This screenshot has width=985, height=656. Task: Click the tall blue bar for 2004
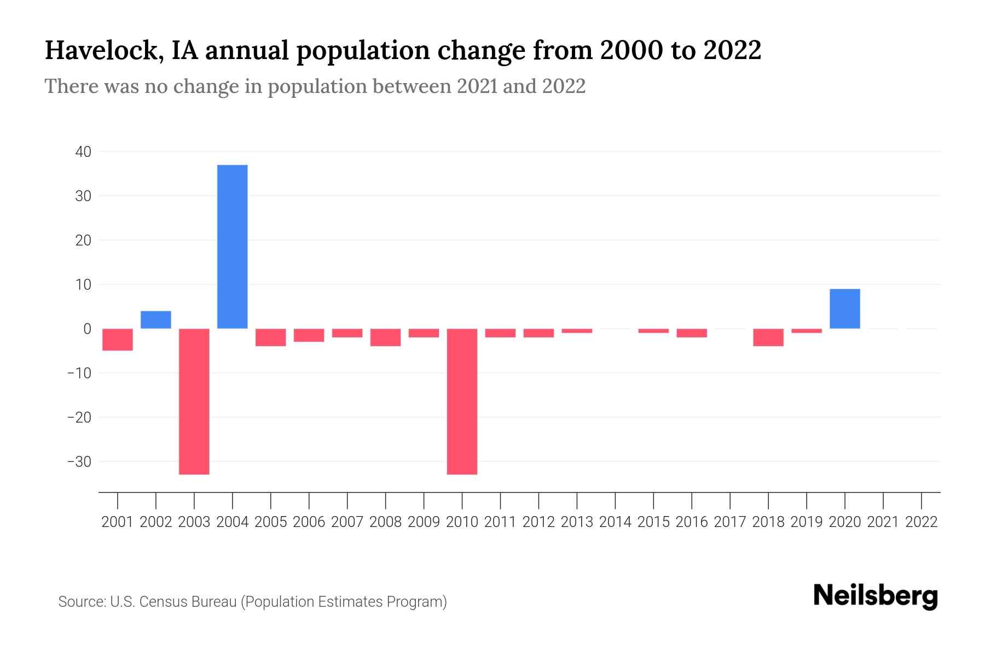point(232,247)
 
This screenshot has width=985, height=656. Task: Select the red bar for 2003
point(194,401)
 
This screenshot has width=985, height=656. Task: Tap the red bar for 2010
point(462,401)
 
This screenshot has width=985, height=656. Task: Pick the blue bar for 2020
point(844,309)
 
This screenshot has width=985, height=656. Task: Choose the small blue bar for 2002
point(156,320)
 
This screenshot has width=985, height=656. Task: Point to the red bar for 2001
point(118,339)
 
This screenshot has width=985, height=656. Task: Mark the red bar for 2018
point(768,337)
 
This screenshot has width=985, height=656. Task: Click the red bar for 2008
point(385,337)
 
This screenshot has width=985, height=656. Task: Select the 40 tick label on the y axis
point(83,151)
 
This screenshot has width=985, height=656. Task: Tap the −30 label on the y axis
point(79,462)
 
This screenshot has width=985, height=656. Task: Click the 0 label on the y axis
point(87,329)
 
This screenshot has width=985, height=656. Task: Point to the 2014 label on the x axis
point(615,522)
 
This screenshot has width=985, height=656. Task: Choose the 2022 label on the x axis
point(922,522)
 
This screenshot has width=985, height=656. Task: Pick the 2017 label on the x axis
point(730,522)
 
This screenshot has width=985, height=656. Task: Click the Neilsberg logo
point(876,596)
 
